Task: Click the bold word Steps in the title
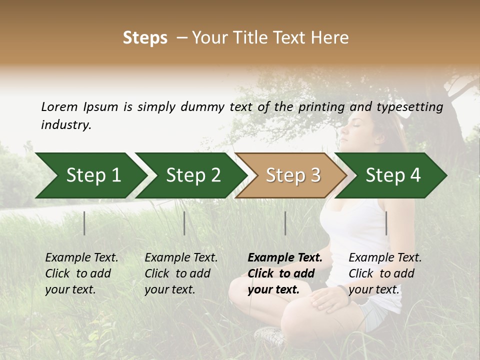[x=145, y=38]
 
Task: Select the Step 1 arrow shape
[x=90, y=175]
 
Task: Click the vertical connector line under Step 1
[x=84, y=223]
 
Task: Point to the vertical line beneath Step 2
[x=184, y=223]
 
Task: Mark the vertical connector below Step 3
[x=285, y=223]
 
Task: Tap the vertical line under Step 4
[x=386, y=223]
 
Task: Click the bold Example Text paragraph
[x=284, y=273]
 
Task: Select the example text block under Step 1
[x=81, y=273]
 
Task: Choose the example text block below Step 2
[x=180, y=273]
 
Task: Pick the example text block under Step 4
[x=384, y=273]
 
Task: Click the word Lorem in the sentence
[x=59, y=107]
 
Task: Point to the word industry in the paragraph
[x=65, y=125]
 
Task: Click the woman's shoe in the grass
[x=270, y=336]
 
